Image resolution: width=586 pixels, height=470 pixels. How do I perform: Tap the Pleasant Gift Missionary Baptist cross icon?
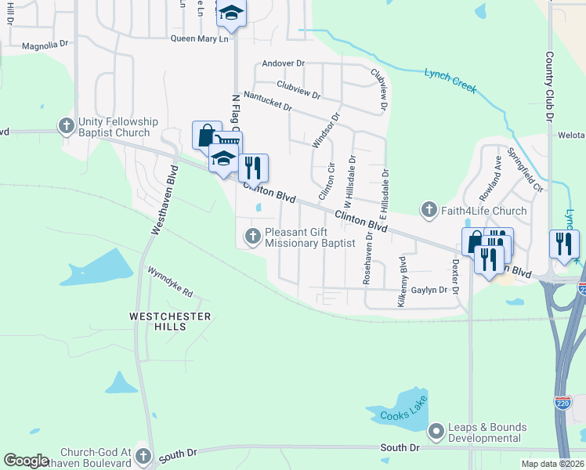pos(252,236)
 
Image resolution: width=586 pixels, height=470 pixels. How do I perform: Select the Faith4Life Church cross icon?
pos(428,210)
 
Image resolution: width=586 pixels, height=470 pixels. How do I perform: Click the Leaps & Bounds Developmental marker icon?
pos(436,432)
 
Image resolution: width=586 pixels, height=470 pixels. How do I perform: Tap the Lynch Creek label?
pos(450,81)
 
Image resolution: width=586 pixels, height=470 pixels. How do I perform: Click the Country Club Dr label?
pos(549,86)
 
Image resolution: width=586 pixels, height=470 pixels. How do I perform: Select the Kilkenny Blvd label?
pos(402,280)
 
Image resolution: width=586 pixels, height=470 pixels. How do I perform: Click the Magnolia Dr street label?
pos(45,45)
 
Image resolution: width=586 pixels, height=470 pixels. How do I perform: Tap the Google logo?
pos(26,461)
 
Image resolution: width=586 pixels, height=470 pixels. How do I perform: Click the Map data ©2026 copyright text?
pos(552,464)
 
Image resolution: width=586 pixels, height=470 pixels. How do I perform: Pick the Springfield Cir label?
pos(526,171)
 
